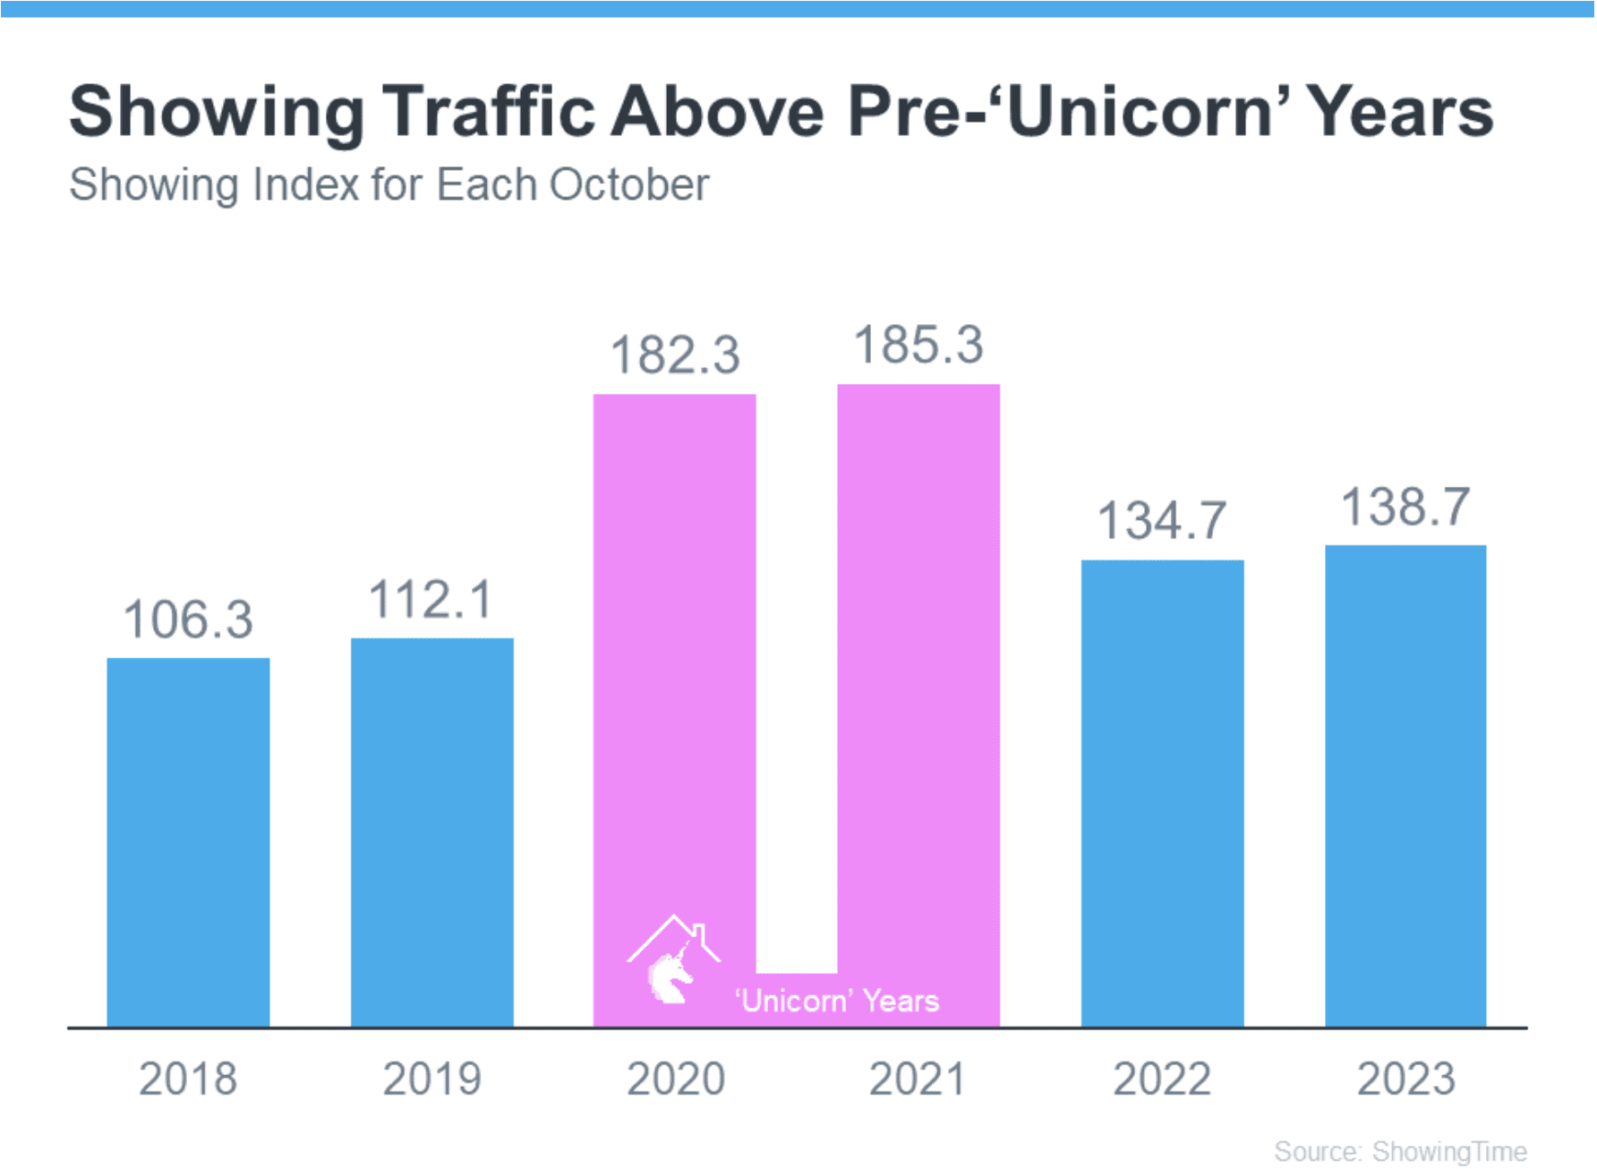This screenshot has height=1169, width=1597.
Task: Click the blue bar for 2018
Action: (x=188, y=841)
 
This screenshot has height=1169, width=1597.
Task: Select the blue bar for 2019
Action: (x=432, y=832)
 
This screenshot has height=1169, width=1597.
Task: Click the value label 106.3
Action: (x=188, y=619)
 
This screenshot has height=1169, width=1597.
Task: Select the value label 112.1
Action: (x=431, y=600)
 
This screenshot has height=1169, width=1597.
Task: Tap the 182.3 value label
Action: (x=675, y=354)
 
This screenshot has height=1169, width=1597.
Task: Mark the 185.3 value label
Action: (x=918, y=346)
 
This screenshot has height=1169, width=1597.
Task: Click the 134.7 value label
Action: (x=1162, y=521)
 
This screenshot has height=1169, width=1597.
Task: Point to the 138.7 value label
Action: (x=1405, y=507)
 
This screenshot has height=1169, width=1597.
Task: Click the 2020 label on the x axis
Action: (x=676, y=1079)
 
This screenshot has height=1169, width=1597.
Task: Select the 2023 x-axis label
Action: (x=1405, y=1079)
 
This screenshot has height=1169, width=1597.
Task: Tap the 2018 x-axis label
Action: (x=188, y=1079)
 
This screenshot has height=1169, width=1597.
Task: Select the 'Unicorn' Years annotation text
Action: (x=837, y=1001)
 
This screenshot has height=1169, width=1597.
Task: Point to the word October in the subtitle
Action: (x=628, y=185)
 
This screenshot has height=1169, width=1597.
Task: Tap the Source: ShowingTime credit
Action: (x=1400, y=1151)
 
